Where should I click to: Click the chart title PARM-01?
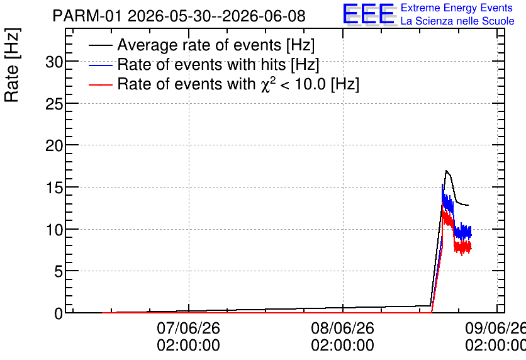(87, 16)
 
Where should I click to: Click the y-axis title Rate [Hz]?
(12, 65)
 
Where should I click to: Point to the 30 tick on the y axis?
(54, 62)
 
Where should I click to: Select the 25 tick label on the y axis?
(54, 104)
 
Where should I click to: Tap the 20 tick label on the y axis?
(54, 145)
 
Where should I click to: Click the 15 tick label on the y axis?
(54, 188)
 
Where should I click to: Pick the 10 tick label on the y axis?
(54, 230)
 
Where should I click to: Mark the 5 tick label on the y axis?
(59, 271)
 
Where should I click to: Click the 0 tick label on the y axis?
(59, 313)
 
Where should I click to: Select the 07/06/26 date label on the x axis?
(189, 328)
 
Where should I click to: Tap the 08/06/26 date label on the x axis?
(342, 328)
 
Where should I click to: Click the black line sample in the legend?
(100, 45)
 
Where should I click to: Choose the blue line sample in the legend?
(100, 65)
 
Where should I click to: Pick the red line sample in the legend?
(100, 84)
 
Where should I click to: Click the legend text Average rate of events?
(199, 45)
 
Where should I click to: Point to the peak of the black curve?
(446, 171)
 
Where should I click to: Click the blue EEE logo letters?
(368, 14)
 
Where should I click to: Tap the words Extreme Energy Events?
(457, 8)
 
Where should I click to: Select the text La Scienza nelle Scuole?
(457, 21)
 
